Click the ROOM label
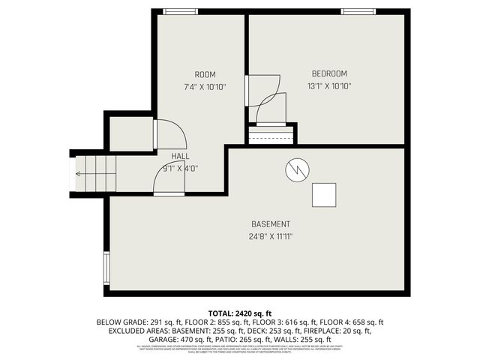click(x=205, y=73)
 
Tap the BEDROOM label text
click(x=329, y=73)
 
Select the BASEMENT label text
click(x=271, y=224)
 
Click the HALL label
click(x=180, y=156)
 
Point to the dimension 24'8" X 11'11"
click(x=271, y=236)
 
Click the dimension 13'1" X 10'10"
click(x=329, y=85)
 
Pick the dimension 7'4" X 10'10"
click(x=205, y=86)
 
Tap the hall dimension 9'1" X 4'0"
click(x=180, y=168)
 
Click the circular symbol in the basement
click(x=296, y=170)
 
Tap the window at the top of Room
click(x=175, y=11)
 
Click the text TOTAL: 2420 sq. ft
click(x=239, y=312)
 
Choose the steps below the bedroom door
click(x=271, y=136)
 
